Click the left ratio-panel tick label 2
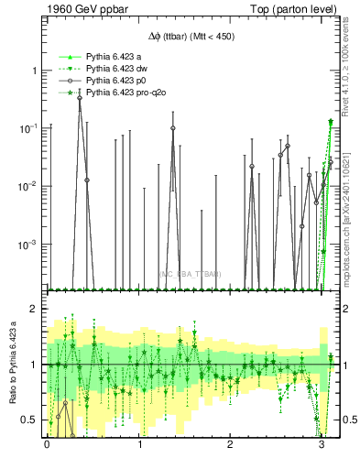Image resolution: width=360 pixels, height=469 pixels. tap(36, 309)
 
